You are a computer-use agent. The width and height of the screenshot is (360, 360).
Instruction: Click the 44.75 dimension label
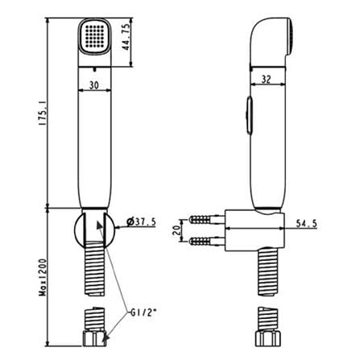[126, 36]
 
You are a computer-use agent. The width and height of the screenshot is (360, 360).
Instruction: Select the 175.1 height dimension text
[43, 112]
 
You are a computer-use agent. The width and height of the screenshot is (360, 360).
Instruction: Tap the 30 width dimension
[93, 85]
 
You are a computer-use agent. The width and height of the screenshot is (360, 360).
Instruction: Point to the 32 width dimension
[266, 80]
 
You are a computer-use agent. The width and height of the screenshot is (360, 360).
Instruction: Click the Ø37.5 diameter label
[141, 221]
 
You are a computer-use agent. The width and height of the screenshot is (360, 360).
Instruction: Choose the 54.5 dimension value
[307, 223]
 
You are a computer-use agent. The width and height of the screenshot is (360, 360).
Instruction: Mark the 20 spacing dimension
[176, 230]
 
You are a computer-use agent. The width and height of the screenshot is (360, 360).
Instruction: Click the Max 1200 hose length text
[43, 277]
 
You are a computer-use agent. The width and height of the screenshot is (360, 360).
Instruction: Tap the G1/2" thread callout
[143, 312]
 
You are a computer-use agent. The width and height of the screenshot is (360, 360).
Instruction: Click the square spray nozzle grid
[94, 35]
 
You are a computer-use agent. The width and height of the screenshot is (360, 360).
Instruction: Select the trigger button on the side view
[249, 115]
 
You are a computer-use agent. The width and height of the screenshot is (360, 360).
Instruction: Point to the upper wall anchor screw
[206, 220]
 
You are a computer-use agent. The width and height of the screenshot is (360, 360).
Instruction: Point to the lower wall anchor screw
[206, 242]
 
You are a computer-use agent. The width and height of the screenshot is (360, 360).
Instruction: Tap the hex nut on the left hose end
[94, 339]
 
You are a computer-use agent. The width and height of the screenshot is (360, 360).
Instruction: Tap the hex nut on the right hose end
[267, 339]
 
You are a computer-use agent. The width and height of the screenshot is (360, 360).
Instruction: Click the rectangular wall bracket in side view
[254, 230]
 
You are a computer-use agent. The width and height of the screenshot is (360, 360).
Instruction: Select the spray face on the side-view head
[290, 36]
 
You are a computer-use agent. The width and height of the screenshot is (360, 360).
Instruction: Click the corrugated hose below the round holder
[94, 268]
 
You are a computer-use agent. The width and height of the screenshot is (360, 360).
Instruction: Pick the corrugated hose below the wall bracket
[268, 271]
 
